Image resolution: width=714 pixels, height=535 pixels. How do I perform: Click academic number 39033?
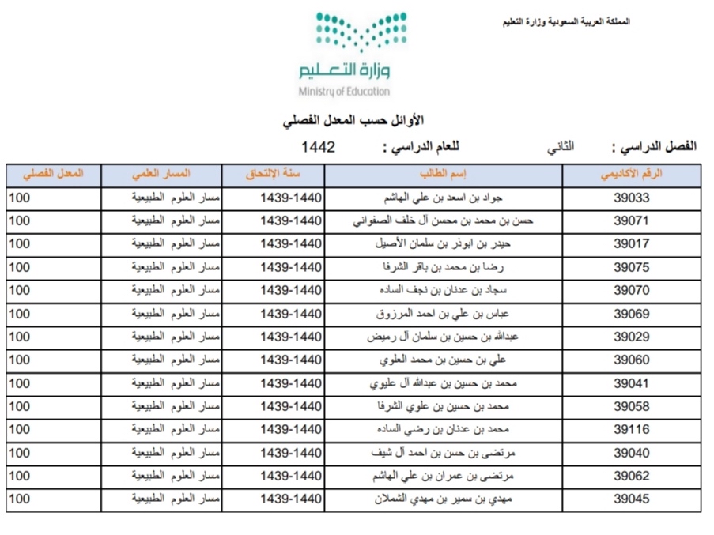[x=631, y=198]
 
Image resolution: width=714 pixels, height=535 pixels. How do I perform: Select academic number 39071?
[x=631, y=221]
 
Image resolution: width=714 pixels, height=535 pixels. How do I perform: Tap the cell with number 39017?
[x=631, y=244]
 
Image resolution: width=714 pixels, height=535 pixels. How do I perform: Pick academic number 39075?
[x=631, y=267]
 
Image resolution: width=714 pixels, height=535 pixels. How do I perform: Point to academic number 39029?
[x=631, y=337]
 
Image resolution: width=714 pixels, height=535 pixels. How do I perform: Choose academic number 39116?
[x=631, y=430]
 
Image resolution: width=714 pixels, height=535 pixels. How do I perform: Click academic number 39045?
[x=631, y=499]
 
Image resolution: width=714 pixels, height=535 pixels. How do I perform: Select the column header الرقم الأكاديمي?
[x=631, y=175]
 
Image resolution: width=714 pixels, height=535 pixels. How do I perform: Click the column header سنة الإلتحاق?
[x=274, y=175]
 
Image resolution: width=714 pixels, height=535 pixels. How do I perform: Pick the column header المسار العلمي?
[x=162, y=175]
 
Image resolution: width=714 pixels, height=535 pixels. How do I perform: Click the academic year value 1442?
[x=318, y=147]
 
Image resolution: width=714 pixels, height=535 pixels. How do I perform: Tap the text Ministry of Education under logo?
[x=344, y=92]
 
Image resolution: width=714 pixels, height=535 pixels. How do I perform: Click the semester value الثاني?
[x=561, y=147]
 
